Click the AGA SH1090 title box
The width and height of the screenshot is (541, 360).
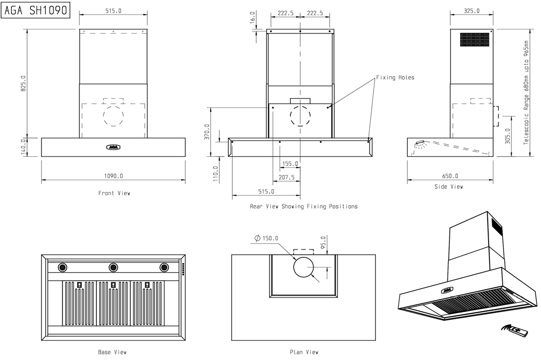pyautogui.click(x=36, y=10)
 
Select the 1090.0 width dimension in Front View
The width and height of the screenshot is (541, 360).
pyautogui.click(x=114, y=176)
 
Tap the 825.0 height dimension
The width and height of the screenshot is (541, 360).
pyautogui.click(x=23, y=83)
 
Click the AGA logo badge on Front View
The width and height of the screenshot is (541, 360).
pyautogui.click(x=113, y=147)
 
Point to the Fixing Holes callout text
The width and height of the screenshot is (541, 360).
pyautogui.click(x=395, y=78)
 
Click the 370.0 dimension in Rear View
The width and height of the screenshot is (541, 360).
pyautogui.click(x=207, y=132)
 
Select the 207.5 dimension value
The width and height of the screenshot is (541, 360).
pyautogui.click(x=286, y=177)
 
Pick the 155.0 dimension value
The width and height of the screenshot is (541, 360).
pyautogui.click(x=290, y=164)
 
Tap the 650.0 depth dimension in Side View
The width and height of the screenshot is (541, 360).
pyautogui.click(x=450, y=176)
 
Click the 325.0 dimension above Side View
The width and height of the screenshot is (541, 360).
pyautogui.click(x=471, y=11)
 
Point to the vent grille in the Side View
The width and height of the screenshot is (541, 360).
pyautogui.click(x=475, y=40)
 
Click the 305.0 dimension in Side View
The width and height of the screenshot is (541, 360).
pyautogui.click(x=507, y=136)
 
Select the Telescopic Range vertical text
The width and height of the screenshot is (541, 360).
pyautogui.click(x=526, y=93)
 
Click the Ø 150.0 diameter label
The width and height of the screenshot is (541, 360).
pyautogui.click(x=266, y=238)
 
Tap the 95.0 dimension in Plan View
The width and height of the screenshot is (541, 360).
pyautogui.click(x=323, y=243)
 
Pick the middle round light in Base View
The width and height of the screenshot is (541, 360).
pyautogui.click(x=113, y=267)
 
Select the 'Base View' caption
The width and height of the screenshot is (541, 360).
pyautogui.click(x=112, y=352)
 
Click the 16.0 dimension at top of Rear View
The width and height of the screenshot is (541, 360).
pyautogui.click(x=252, y=17)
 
